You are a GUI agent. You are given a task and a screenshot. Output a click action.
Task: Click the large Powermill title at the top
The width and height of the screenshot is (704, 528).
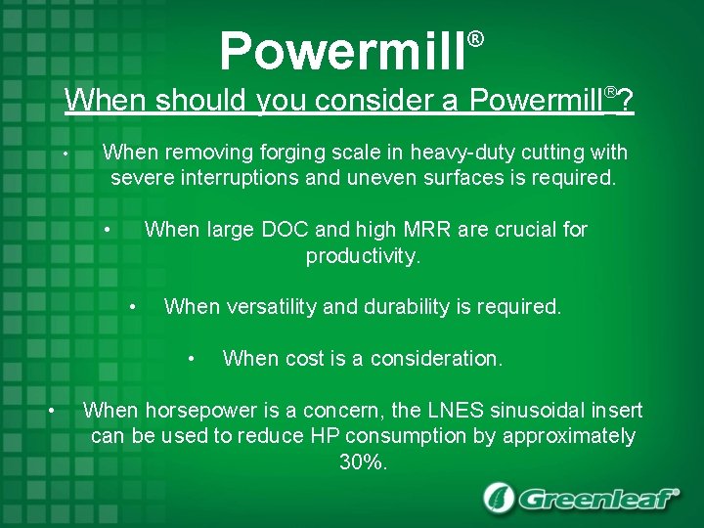coord(342,51)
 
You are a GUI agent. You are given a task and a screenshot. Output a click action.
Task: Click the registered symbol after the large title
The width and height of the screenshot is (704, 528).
coord(475,39)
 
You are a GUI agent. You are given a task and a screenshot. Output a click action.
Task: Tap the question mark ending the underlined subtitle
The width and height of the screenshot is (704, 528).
coord(626,101)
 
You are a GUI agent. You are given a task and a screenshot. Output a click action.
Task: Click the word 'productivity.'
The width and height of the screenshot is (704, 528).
coord(363,256)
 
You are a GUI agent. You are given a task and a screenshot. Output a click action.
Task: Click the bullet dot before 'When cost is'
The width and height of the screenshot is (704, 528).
coord(196,360)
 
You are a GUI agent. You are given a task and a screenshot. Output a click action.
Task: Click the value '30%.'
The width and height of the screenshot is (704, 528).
coord(364,462)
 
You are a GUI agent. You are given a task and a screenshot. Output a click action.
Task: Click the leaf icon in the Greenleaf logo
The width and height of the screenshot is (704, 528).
coord(500,498)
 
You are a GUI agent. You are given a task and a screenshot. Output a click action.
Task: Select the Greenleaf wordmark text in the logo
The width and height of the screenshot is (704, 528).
coord(598,499)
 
